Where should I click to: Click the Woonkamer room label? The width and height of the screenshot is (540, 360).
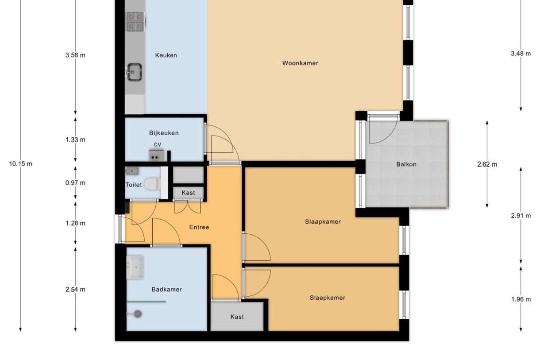click(300, 63)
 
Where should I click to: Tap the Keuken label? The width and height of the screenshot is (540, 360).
click(166, 55)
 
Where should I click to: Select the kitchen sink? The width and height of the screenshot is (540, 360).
click(134, 71)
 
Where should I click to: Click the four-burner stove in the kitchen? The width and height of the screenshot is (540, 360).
click(135, 21)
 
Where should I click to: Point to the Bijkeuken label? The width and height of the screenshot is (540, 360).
click(164, 133)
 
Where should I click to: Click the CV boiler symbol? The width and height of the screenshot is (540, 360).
click(156, 155)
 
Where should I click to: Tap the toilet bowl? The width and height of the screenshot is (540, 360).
click(152, 184)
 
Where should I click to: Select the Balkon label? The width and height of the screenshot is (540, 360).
click(406, 164)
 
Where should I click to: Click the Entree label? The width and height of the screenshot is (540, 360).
click(199, 227)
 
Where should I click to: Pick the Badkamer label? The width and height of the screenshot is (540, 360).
click(166, 290)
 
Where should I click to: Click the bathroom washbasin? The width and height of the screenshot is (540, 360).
click(135, 267)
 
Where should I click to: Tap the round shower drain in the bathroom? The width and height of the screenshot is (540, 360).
click(138, 314)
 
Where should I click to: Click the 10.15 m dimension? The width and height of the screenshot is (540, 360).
click(20, 164)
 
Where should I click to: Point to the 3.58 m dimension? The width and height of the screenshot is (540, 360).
click(75, 55)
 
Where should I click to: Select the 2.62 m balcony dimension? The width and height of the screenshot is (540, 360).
click(487, 164)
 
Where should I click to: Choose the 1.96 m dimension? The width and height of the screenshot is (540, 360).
click(521, 299)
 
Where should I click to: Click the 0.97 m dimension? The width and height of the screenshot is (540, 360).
click(75, 183)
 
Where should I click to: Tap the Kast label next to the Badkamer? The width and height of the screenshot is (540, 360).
click(237, 317)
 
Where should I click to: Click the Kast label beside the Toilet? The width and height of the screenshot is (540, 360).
click(188, 193)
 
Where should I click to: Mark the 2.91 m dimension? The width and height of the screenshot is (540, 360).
click(521, 216)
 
